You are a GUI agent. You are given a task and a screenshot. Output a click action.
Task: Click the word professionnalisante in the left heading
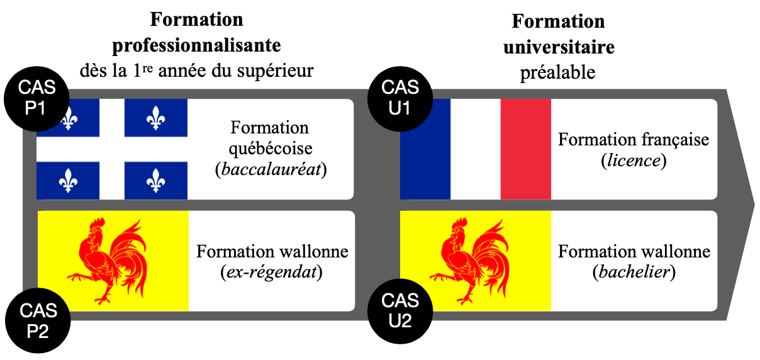[x=196, y=45]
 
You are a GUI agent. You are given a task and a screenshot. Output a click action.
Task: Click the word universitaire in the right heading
[x=558, y=47]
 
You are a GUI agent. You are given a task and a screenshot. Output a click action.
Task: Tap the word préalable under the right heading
[x=557, y=72]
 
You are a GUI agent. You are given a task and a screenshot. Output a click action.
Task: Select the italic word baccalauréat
[x=270, y=170]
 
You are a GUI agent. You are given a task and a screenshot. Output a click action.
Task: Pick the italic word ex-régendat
[x=272, y=273]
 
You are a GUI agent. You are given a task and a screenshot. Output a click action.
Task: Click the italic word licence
[x=633, y=160]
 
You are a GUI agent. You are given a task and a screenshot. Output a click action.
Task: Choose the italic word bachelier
[x=634, y=273]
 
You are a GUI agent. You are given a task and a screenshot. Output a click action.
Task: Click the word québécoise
[x=270, y=149]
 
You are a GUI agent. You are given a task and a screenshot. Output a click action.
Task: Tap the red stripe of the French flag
[x=525, y=149]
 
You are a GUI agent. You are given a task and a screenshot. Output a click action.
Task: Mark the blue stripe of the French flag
[x=426, y=149]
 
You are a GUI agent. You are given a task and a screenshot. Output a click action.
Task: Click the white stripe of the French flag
[x=476, y=149]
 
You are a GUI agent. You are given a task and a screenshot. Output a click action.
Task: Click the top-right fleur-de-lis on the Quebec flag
[x=155, y=117]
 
